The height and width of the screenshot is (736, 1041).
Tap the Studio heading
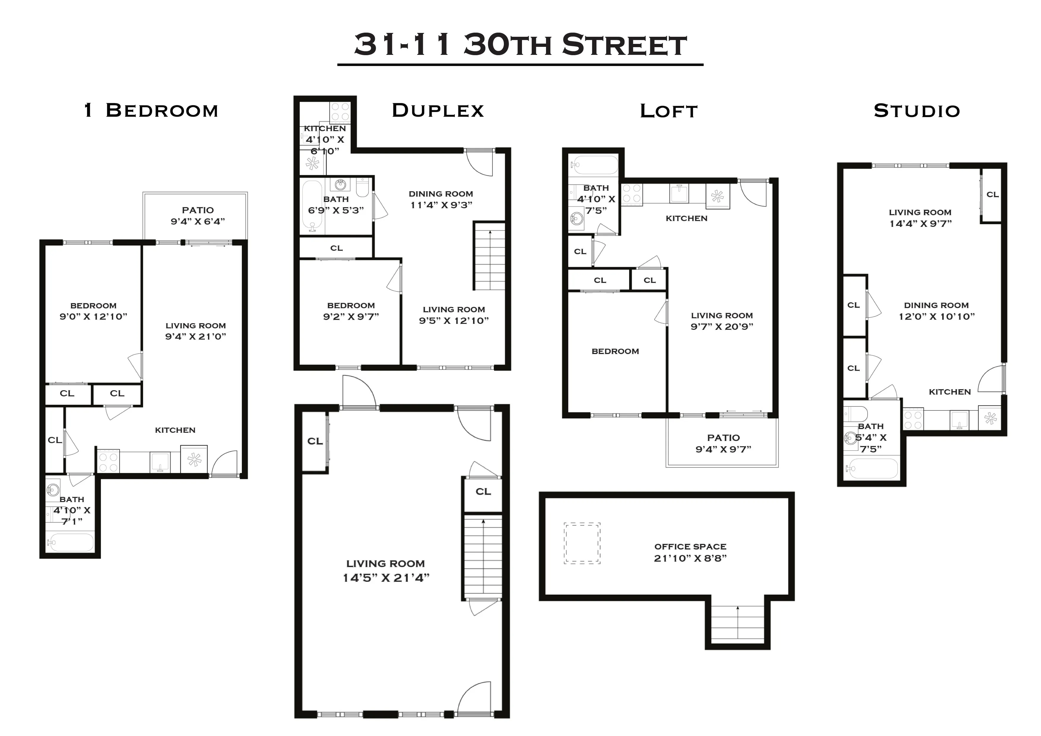pyautogui.click(x=917, y=111)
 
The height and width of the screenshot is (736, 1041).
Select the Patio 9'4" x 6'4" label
pyautogui.click(x=198, y=216)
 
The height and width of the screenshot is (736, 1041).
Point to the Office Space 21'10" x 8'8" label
pyautogui.click(x=690, y=552)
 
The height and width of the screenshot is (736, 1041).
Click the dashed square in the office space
pyautogui.click(x=582, y=543)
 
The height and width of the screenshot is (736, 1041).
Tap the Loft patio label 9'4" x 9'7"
pyautogui.click(x=723, y=443)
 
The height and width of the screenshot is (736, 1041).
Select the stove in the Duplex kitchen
pyautogui.click(x=340, y=111)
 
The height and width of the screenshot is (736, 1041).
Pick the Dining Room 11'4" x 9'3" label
pyautogui.click(x=441, y=199)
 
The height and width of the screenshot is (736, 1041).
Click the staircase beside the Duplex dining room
pyautogui.click(x=490, y=256)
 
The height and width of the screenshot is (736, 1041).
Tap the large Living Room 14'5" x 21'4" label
pyautogui.click(x=385, y=570)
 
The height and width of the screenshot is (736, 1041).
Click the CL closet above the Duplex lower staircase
pyautogui.click(x=483, y=492)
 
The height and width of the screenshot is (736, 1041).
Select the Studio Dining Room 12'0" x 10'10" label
pyautogui.click(x=936, y=311)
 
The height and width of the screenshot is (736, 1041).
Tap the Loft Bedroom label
pyautogui.click(x=615, y=351)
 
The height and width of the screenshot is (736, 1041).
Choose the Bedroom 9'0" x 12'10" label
pyautogui.click(x=93, y=311)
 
